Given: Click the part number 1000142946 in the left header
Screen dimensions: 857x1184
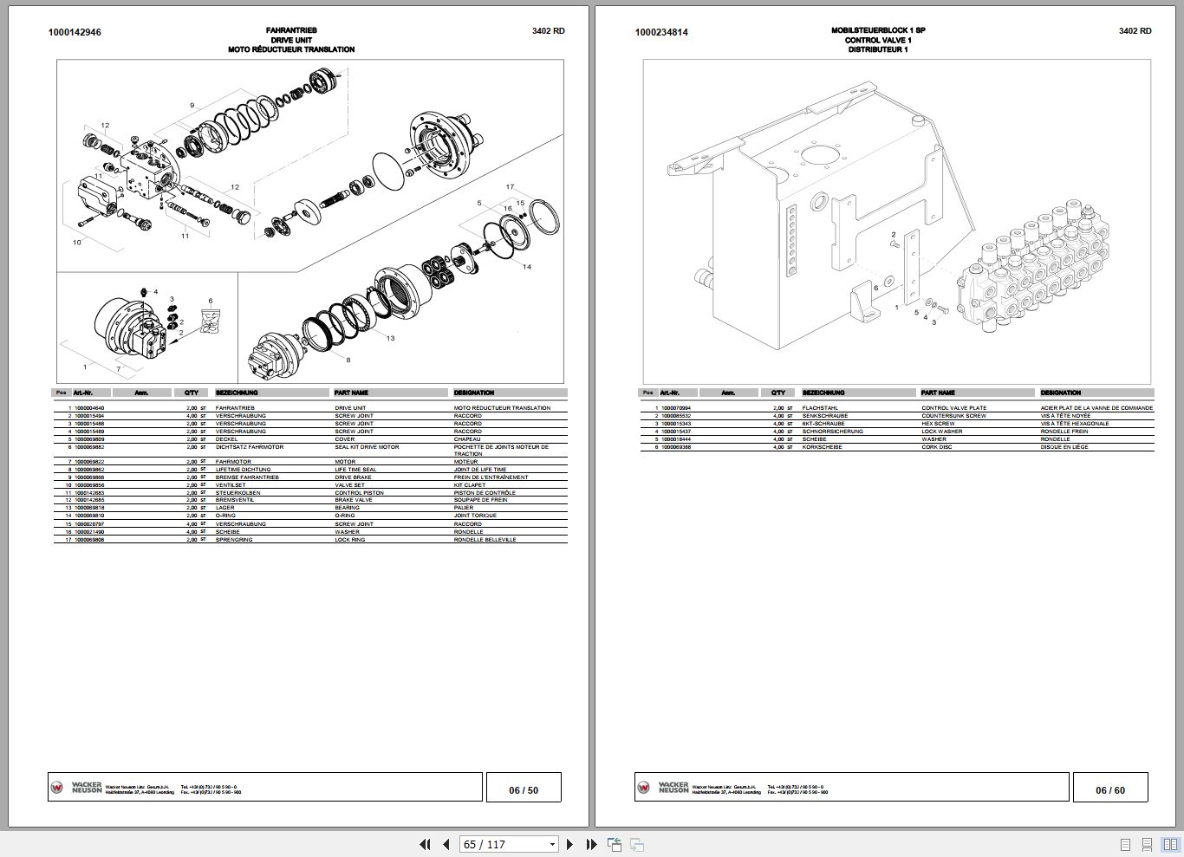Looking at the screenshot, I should [75, 32].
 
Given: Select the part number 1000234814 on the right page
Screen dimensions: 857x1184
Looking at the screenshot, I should [661, 32].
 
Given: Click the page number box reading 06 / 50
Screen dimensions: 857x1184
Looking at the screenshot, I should [524, 789].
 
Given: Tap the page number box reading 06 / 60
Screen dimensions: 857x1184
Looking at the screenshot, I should [1109, 789].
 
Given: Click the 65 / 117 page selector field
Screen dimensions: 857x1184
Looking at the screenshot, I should [509, 844].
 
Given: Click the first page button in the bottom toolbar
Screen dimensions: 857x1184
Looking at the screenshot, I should [425, 844].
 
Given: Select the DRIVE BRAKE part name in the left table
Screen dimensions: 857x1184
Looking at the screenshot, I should [353, 477].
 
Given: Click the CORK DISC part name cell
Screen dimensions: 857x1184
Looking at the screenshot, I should [937, 447].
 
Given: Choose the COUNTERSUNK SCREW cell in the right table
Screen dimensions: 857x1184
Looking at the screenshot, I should [953, 416].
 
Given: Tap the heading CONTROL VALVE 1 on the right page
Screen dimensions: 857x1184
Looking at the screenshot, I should [878, 40].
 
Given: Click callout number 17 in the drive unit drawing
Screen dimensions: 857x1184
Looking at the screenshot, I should [511, 187].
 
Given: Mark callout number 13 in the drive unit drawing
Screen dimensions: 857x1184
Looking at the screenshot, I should [390, 338].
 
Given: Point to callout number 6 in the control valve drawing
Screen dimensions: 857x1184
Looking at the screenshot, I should [876, 288].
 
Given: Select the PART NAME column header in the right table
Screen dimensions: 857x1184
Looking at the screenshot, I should [938, 393].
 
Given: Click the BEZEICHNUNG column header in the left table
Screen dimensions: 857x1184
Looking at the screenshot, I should [233, 393].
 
